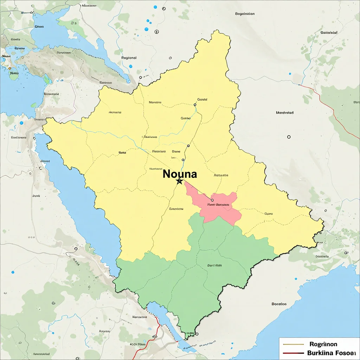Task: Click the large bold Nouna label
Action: [180, 174]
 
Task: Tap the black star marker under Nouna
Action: [179, 181]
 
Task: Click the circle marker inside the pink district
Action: [212, 200]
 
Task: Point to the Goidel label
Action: [202, 99]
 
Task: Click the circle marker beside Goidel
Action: [195, 104]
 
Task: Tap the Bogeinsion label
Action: [245, 14]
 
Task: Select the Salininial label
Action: [329, 32]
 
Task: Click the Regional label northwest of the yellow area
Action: [129, 58]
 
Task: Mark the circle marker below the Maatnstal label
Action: [289, 137]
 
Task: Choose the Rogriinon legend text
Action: [323, 344]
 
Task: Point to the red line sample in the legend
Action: [293, 353]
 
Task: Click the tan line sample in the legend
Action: [293, 344]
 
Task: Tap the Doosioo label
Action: [279, 304]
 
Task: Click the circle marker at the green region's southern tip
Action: [197, 334]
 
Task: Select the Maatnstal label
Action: [285, 113]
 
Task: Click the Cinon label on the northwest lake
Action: [39, 26]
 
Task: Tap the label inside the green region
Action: [214, 265]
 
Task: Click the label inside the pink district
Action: [218, 204]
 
